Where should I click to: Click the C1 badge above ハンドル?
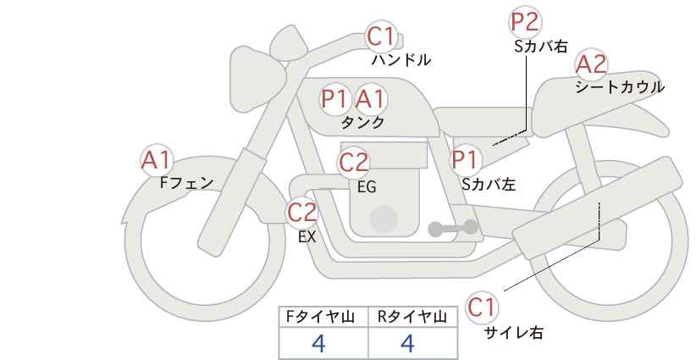pyautogui.click(x=381, y=36)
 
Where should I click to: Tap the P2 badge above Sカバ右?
pyautogui.click(x=526, y=23)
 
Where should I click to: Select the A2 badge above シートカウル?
pyautogui.click(x=590, y=64)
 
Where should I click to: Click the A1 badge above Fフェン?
pyautogui.click(x=157, y=159)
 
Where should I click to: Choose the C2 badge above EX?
pyautogui.click(x=302, y=212)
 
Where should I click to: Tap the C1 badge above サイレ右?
pyautogui.click(x=482, y=307)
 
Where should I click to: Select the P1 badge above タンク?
pyautogui.click(x=335, y=99)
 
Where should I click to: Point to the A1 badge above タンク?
pyautogui.click(x=370, y=99)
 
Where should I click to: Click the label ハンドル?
pyautogui.click(x=401, y=60)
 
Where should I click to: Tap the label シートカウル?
pyautogui.click(x=619, y=86)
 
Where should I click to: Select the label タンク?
pyautogui.click(x=362, y=122)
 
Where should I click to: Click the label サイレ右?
pyautogui.click(x=514, y=332)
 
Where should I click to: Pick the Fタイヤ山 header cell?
pyautogui.click(x=324, y=317)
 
